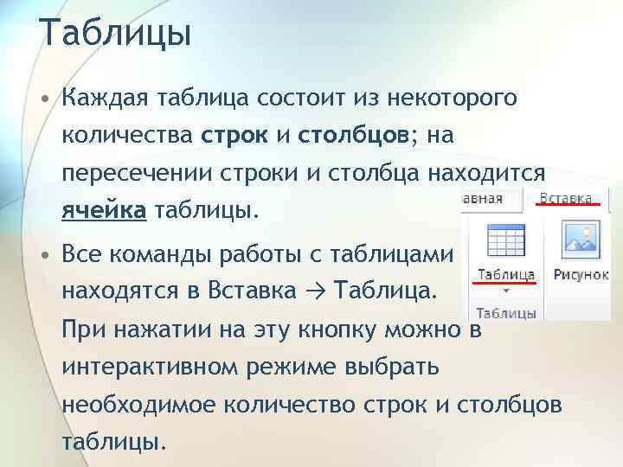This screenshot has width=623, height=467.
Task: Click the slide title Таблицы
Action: point(114,35)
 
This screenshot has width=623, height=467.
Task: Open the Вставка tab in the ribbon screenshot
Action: point(568,196)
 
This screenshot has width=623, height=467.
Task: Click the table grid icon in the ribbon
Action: point(506,242)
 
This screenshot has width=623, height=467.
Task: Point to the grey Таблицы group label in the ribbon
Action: point(506,313)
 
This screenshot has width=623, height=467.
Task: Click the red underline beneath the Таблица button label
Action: point(506,283)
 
